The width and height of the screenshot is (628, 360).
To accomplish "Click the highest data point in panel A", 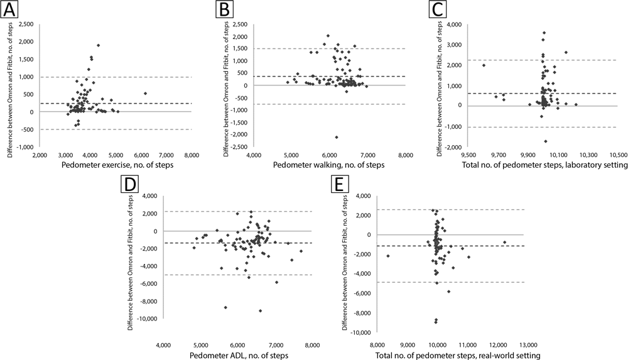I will coord(99,45).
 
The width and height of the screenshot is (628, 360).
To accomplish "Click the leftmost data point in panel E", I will coord(387,256).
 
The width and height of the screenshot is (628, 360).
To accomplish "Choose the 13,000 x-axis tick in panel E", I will coord(527,345).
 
